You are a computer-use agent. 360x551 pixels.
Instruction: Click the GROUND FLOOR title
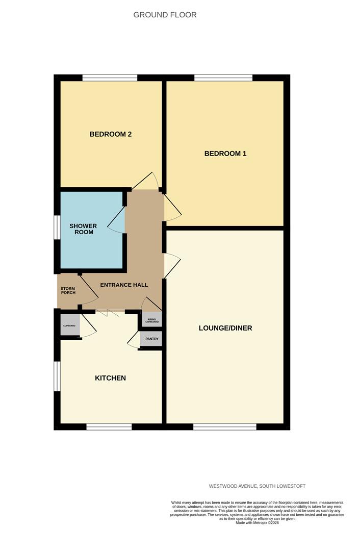165,15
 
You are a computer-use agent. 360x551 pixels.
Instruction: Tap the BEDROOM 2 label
111,134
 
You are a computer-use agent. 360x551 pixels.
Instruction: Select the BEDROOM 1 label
225,153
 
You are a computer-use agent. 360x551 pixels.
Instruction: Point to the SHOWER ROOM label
83,229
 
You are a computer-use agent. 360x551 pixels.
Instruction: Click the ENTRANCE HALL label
124,285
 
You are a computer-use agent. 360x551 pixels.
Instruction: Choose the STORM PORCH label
68,291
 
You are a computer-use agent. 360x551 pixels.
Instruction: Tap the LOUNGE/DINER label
225,328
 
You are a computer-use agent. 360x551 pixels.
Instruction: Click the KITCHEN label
110,378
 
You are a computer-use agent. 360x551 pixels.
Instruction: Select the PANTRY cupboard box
151,339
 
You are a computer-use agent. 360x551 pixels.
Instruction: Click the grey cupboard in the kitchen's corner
70,325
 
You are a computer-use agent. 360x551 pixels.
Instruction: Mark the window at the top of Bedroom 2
110,78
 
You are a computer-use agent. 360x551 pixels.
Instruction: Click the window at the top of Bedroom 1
223,78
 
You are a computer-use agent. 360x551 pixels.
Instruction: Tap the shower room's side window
57,228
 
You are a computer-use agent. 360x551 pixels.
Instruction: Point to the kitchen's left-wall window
57,376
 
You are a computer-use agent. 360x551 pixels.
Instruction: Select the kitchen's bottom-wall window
109,427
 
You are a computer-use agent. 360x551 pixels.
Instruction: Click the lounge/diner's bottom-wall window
225,427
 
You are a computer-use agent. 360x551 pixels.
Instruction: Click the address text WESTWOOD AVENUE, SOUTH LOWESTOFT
257,486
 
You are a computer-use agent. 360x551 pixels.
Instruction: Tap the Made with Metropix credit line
257,522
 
